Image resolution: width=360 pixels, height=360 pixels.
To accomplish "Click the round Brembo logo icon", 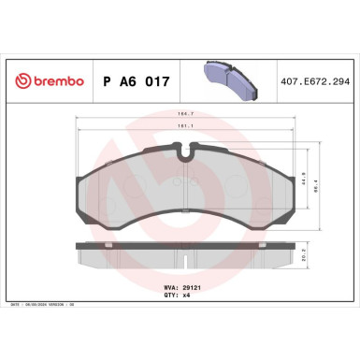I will click(15, 82).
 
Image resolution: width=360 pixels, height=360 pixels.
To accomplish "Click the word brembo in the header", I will click(54, 82).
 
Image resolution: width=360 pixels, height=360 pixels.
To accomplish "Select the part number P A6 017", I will click(135, 82).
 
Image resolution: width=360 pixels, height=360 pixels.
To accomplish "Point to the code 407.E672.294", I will click(319, 82).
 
